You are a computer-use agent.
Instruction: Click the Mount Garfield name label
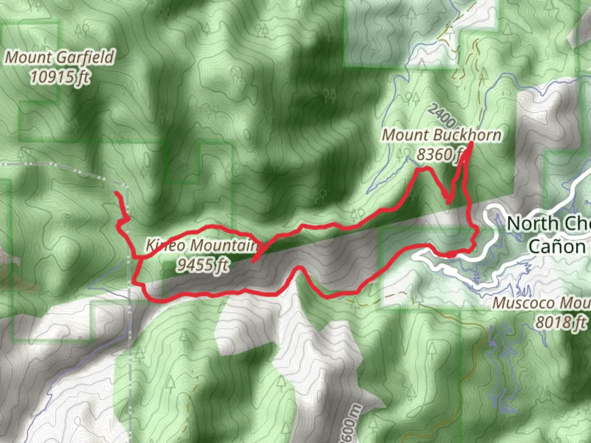click(60, 57)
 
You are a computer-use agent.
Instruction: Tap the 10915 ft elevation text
click(60, 76)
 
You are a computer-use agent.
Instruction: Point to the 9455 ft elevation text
click(203, 265)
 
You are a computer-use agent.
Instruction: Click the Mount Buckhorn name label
click(442, 135)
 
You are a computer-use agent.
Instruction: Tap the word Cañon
click(557, 247)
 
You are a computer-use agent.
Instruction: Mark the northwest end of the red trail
click(116, 192)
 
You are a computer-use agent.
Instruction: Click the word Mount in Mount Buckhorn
click(405, 135)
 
